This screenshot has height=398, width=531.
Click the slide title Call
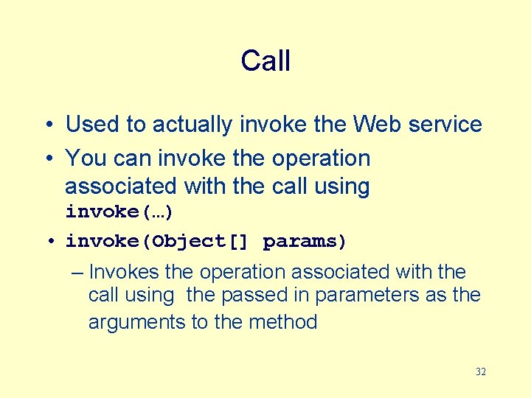point(265,60)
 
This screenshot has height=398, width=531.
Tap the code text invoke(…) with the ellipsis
point(119,212)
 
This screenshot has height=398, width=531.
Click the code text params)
point(305,241)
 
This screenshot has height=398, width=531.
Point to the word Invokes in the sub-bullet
point(123,272)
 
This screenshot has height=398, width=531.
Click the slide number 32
point(481,372)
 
